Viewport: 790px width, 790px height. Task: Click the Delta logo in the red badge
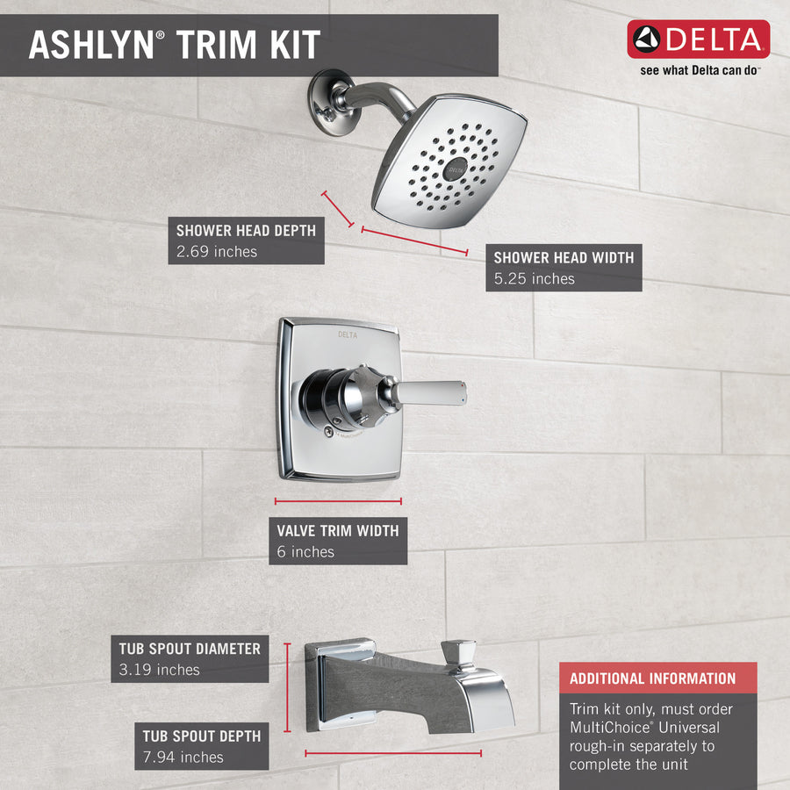[698, 39]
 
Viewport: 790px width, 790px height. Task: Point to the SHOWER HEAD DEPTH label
[246, 230]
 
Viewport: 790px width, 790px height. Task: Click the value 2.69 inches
[217, 252]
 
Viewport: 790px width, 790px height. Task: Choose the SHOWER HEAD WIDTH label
[563, 257]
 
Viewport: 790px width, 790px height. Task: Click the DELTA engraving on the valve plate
[348, 334]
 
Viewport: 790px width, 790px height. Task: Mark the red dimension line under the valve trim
[338, 501]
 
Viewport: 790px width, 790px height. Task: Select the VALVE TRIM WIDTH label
[337, 530]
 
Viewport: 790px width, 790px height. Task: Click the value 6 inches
[305, 552]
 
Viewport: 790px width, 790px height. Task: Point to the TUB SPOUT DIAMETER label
[190, 649]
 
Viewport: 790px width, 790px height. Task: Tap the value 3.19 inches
[160, 671]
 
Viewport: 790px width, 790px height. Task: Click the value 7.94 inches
[183, 758]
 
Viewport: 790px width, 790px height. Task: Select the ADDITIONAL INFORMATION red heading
[652, 679]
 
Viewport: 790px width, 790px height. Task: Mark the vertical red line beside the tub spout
[287, 686]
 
